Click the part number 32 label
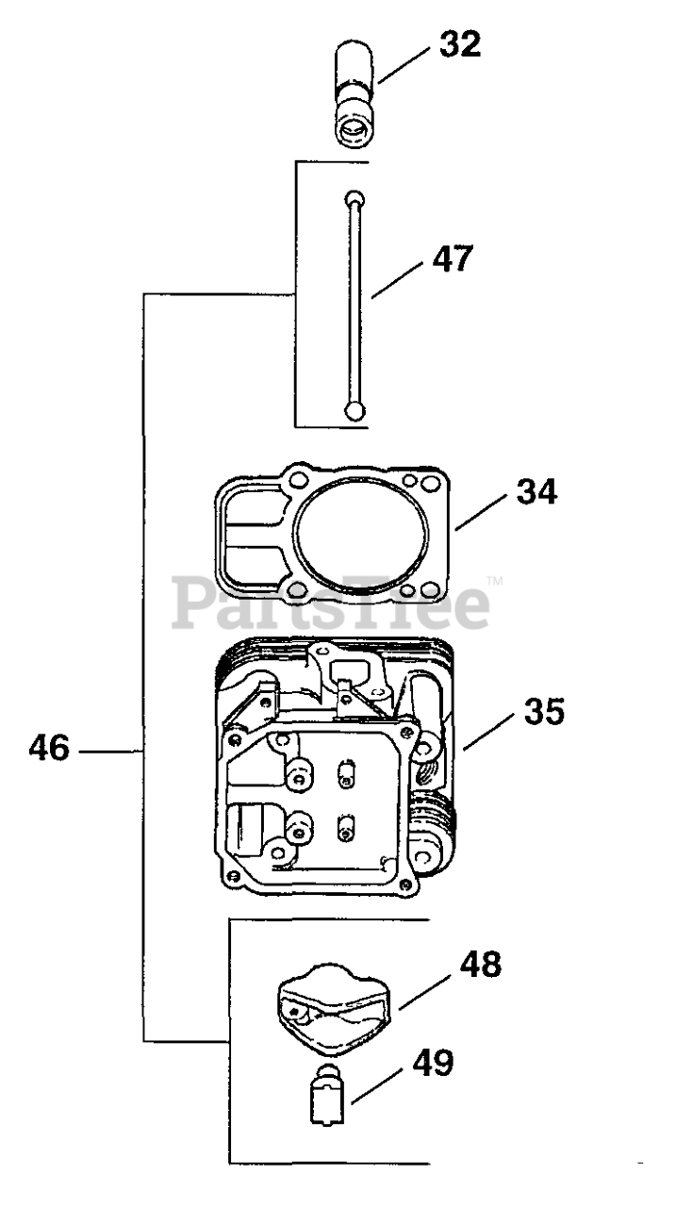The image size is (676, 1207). coord(459,44)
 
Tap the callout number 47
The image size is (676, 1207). coord(453,258)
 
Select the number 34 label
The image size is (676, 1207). coord(536,491)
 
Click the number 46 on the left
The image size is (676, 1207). coord(48,750)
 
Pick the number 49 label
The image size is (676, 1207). coord(432,1063)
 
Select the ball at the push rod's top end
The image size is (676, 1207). coord(353,199)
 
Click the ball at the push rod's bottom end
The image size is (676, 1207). coord(353,410)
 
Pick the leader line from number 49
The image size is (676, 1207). coord(380,1082)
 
